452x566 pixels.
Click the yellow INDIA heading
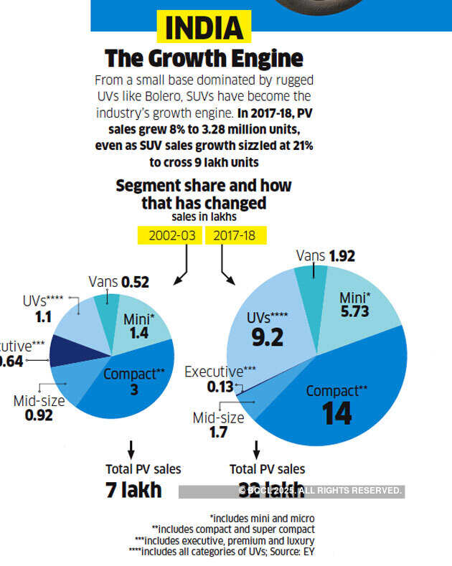tap(204, 29)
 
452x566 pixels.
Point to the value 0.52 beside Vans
tap(135, 282)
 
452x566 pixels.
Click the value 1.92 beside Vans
tap(342, 256)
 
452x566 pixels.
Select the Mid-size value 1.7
tap(219, 432)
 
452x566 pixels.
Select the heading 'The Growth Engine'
tap(204, 57)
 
